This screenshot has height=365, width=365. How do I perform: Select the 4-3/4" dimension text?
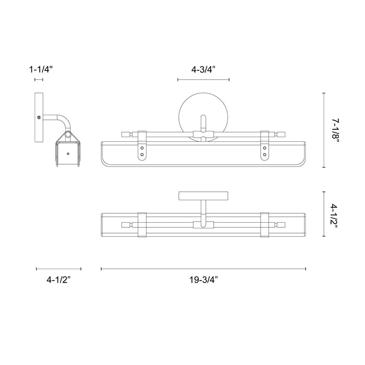coord(203,68)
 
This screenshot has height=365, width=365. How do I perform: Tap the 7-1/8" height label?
coord(336,130)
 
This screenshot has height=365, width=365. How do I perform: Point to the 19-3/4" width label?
coord(203,280)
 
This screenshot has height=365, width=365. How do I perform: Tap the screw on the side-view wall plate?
coord(39,118)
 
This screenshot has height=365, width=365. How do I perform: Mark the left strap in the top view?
coord(142,226)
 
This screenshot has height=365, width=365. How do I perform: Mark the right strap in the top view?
coord(264,226)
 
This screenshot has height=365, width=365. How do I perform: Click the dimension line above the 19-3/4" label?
coord(203,269)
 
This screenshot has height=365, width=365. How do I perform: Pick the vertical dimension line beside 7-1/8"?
coord(324,130)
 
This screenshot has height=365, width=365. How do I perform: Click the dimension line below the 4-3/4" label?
coord(203,80)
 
